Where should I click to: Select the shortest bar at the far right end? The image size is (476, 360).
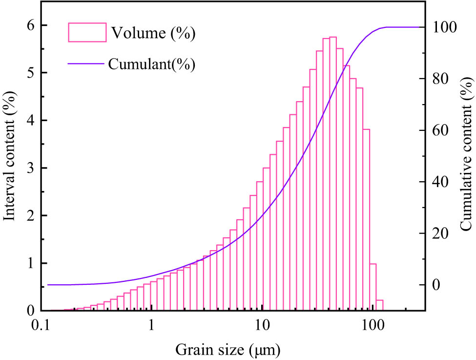point(379,305)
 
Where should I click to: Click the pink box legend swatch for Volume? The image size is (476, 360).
point(87,33)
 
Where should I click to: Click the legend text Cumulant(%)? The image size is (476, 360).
point(152,64)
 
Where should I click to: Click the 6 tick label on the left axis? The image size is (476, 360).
point(30,25)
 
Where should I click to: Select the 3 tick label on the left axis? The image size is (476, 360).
point(30,168)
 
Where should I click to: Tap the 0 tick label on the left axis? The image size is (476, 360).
point(30,311)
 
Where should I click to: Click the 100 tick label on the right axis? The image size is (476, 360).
point(444,27)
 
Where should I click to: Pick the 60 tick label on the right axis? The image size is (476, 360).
point(441,130)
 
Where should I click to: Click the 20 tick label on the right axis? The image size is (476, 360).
point(441,233)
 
